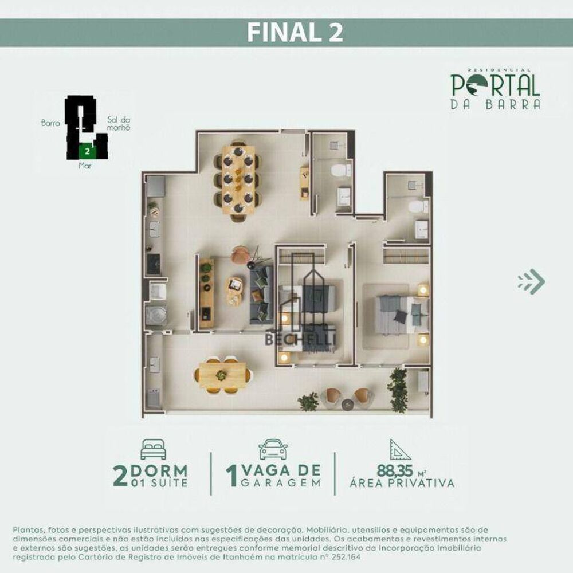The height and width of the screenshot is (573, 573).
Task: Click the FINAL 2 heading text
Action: tap(295, 33)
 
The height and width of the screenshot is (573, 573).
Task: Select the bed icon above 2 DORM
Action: tap(153, 450)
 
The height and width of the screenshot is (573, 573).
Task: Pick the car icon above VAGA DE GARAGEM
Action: tap(273, 450)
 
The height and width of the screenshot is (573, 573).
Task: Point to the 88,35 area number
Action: tap(395, 471)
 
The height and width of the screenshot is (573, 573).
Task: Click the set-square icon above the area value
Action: tap(400, 450)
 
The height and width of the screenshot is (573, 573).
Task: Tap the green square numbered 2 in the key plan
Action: tap(87, 151)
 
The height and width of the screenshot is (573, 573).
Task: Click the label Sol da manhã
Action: tap(119, 123)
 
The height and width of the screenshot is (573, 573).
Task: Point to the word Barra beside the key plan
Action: tap(50, 123)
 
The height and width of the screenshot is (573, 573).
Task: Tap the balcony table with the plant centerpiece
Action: tap(222, 375)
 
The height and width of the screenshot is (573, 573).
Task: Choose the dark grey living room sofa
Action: tap(261, 293)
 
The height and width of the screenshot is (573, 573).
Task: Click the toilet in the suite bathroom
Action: tap(417, 206)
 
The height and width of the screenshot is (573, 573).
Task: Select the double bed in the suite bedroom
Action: tap(401, 315)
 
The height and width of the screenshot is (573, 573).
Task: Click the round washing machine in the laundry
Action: tap(156, 315)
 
